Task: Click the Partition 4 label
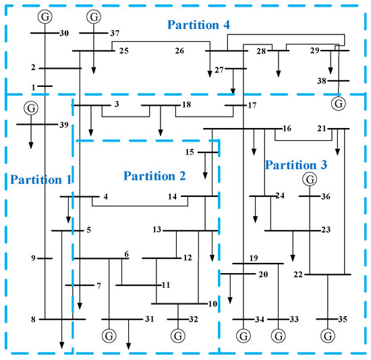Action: coord(199,25)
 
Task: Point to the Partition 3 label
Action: coord(296,164)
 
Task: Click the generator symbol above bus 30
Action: coord(45,16)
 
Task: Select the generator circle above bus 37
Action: coord(94,16)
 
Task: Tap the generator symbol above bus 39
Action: coord(30,107)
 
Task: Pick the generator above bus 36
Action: coord(309,179)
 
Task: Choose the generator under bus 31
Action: coord(109,335)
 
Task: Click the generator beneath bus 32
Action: coord(178,335)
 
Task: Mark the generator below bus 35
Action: coord(328,335)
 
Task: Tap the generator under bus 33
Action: coord(278,335)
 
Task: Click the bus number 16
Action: coord(287,128)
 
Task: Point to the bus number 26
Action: coord(180,51)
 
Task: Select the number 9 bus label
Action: coord(32,258)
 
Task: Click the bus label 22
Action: coord(298,275)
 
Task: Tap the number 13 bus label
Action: coord(156,230)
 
